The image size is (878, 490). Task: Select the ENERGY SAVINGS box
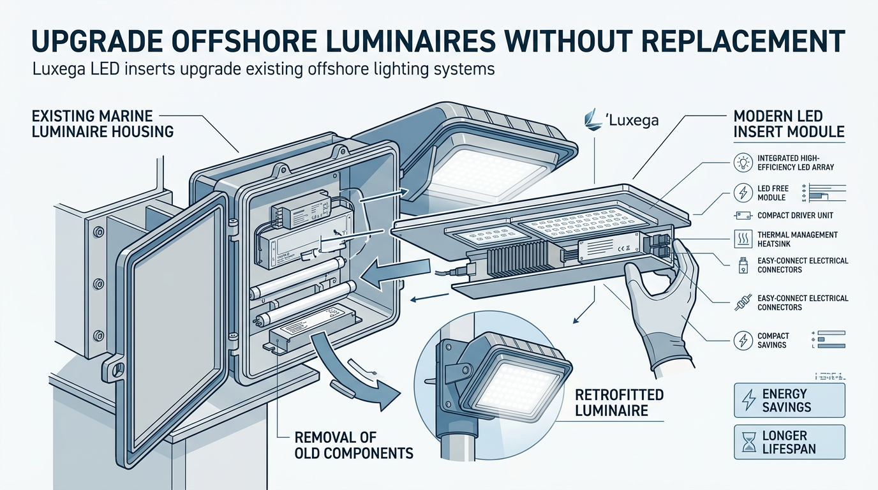(x=789, y=400)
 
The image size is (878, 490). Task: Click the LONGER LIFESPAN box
(x=789, y=442)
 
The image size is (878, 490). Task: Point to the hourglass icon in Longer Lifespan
(x=747, y=442)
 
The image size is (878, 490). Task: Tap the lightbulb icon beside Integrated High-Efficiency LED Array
(x=743, y=162)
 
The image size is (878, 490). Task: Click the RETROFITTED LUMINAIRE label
(x=619, y=402)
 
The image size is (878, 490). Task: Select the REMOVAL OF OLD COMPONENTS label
(x=353, y=445)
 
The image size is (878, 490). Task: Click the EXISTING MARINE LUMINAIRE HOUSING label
(x=101, y=124)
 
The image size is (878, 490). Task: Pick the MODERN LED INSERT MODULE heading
(x=789, y=124)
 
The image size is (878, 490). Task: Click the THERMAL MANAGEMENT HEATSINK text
(x=798, y=240)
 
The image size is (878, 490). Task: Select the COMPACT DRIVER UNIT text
(x=795, y=216)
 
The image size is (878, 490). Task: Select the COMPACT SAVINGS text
(x=773, y=340)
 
